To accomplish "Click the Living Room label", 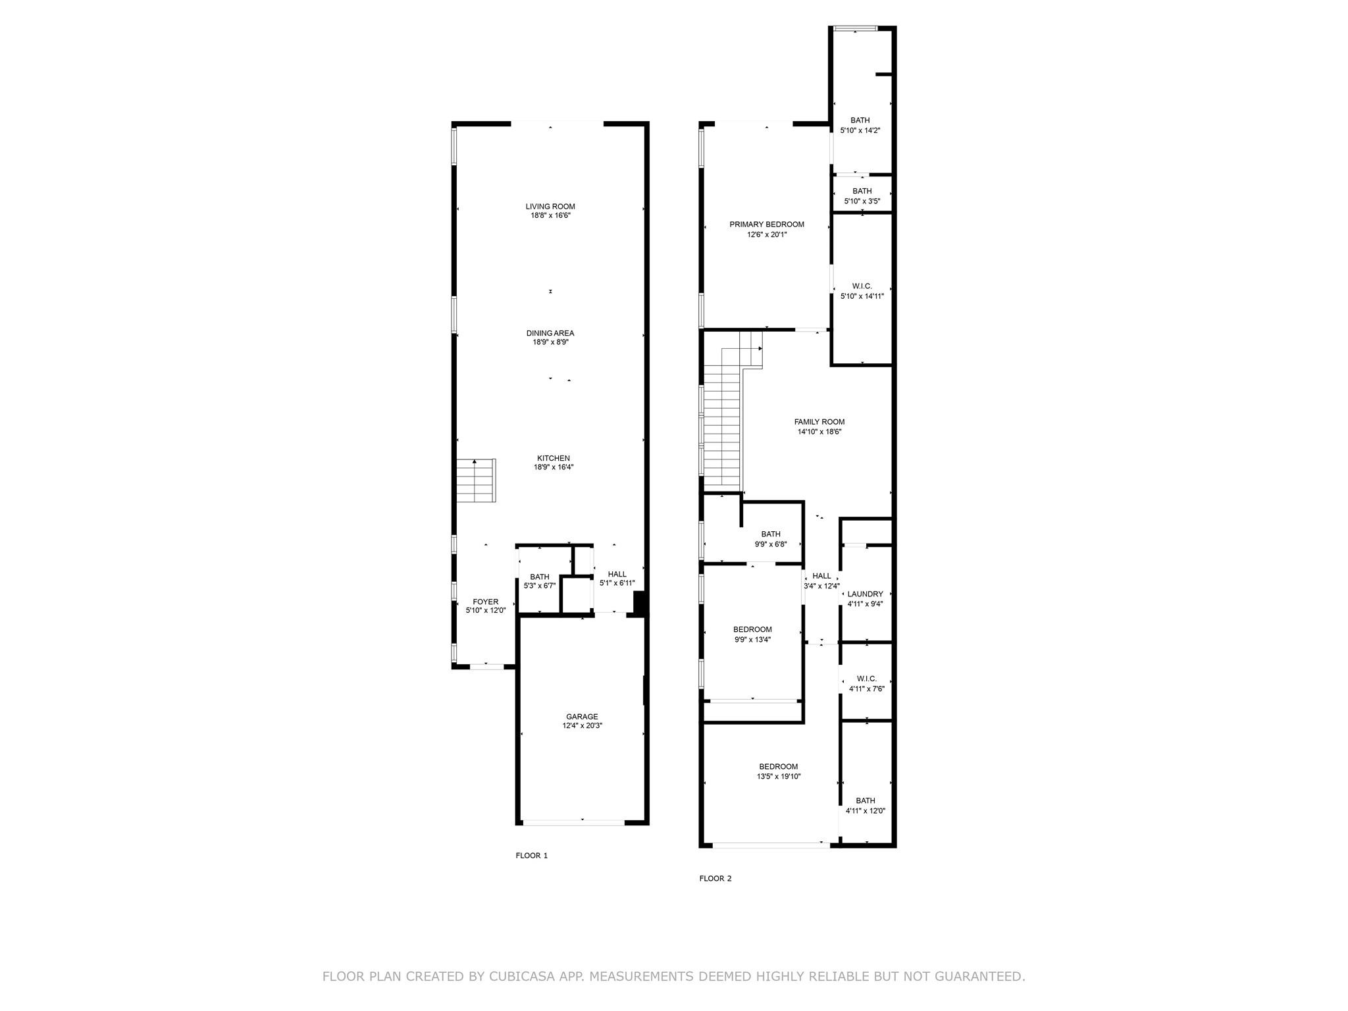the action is [x=550, y=207].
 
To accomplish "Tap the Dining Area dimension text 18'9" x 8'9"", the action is [x=550, y=342].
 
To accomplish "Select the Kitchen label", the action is [x=554, y=458].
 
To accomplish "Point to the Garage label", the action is [x=583, y=717].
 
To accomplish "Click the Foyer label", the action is [x=486, y=602].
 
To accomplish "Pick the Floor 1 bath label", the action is [x=540, y=577].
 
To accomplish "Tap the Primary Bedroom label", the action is [x=767, y=224].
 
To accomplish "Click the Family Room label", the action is [x=819, y=422].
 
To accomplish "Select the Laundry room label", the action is [x=866, y=594].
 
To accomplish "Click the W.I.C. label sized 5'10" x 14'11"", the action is [x=862, y=286].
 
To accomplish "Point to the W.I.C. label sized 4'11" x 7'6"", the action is [x=867, y=679].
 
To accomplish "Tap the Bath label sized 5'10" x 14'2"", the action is [x=860, y=120].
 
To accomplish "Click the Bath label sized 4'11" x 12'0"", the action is [x=866, y=801].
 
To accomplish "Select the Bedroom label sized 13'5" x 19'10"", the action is [x=779, y=767].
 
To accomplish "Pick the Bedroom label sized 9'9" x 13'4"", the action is [x=753, y=630].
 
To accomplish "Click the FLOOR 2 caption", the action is [x=715, y=879].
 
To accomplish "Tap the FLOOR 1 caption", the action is [x=532, y=856].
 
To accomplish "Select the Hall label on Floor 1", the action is [x=617, y=575].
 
